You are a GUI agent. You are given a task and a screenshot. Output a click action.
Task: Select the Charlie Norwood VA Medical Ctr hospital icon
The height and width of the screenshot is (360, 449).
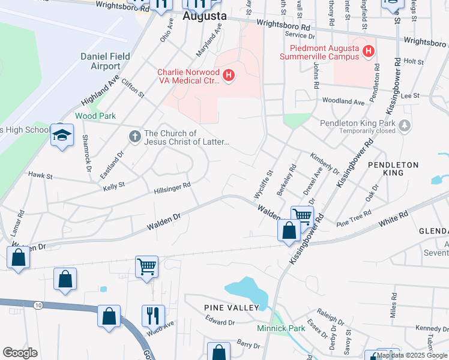(228, 75)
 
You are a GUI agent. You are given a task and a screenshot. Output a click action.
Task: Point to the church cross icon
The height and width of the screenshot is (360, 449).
(135, 137)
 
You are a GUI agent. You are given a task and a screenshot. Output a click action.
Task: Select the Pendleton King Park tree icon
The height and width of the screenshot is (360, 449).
(406, 125)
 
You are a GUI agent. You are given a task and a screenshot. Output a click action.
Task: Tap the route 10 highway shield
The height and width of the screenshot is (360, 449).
(38, 306)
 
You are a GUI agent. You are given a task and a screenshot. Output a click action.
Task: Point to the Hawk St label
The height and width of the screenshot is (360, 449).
(41, 176)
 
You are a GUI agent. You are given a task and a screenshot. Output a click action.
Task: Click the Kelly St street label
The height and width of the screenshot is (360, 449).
(113, 186)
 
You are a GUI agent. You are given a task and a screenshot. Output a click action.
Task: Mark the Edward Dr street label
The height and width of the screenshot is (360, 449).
(219, 322)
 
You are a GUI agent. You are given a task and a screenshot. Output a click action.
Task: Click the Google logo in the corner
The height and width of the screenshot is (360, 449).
(20, 353)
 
